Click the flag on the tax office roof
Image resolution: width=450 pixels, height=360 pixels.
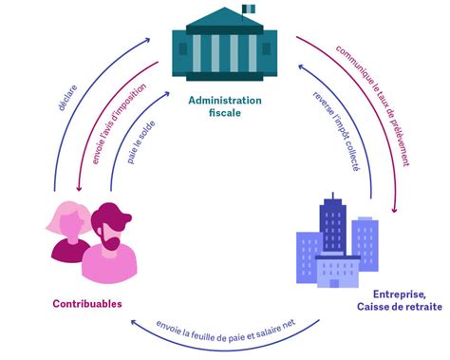point(250,9)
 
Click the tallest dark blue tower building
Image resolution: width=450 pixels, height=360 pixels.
point(334,228)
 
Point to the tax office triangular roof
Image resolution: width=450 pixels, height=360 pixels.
point(224,19)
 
